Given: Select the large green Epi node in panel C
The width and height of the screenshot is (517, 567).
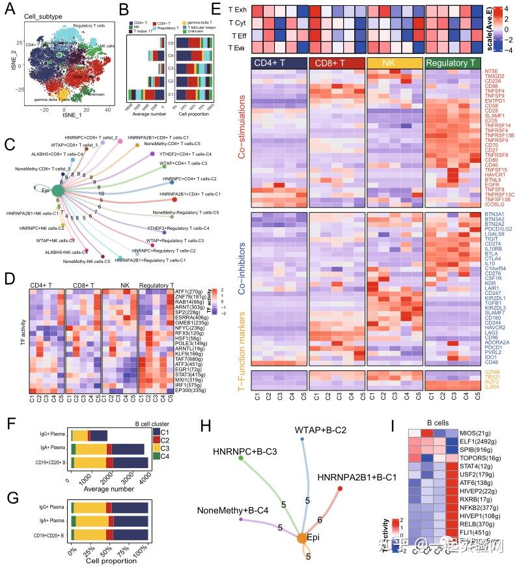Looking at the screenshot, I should [x=57, y=189].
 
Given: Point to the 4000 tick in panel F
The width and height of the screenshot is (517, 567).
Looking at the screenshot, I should [x=144, y=477].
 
